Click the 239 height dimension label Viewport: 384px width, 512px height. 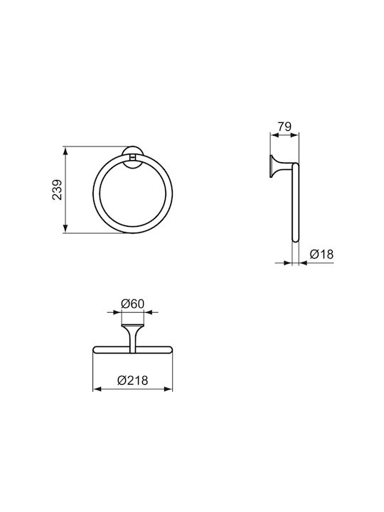pyautogui.click(x=57, y=189)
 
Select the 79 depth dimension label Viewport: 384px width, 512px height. pyautogui.click(x=284, y=126)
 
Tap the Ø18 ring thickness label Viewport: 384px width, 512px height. pyautogui.click(x=321, y=254)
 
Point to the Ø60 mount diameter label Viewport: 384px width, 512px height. pyautogui.click(x=132, y=304)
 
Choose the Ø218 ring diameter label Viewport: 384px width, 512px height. pyautogui.click(x=132, y=380)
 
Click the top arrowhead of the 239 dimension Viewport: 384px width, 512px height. pyautogui.click(x=65, y=151)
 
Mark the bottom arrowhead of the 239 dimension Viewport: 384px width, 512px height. pyautogui.click(x=65, y=228)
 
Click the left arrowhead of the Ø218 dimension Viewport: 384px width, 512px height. pyautogui.click(x=97, y=389)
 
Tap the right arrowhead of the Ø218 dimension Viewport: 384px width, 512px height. pyautogui.click(x=168, y=389)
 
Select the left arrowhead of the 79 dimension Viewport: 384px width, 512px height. pyautogui.click(x=274, y=134)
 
